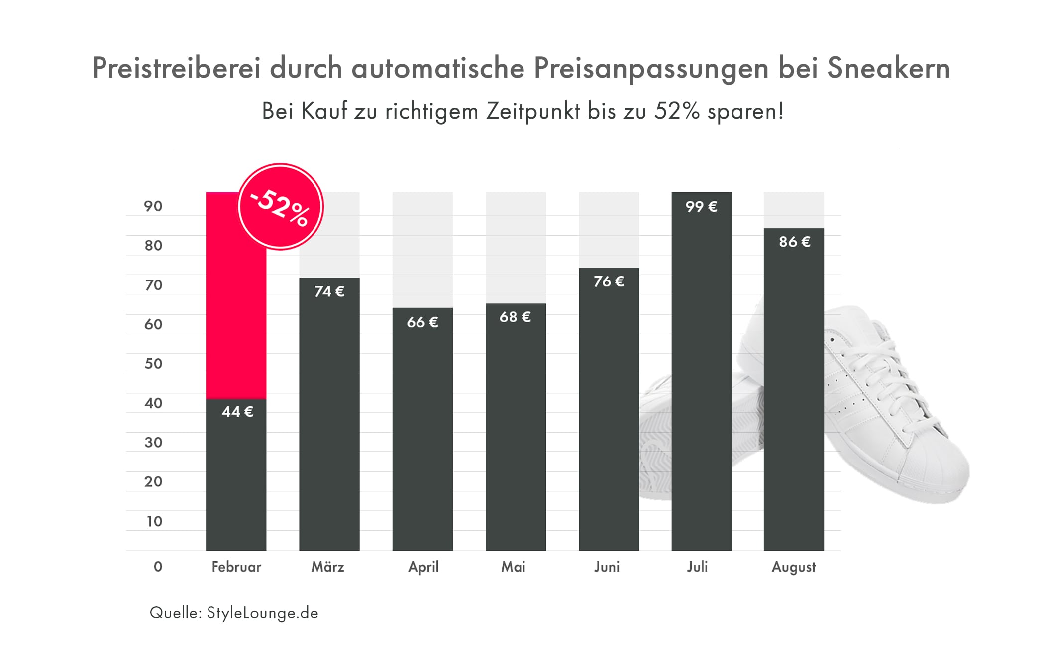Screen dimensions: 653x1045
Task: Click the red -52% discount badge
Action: (x=281, y=206)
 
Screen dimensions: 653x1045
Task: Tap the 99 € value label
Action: (x=701, y=207)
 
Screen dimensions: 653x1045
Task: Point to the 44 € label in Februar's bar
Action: (x=237, y=412)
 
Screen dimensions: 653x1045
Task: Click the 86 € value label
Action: (x=794, y=242)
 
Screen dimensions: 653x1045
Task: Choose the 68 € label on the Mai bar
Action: (x=515, y=317)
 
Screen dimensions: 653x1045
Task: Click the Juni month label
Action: (x=607, y=567)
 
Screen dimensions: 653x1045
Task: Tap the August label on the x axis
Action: (x=794, y=567)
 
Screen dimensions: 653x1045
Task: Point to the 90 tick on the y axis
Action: (x=153, y=206)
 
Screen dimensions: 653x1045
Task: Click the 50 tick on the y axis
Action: (x=153, y=364)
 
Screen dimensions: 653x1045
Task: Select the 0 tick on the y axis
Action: (x=158, y=567)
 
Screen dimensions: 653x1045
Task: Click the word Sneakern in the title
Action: (x=888, y=68)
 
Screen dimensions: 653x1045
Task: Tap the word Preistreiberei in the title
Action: (x=176, y=68)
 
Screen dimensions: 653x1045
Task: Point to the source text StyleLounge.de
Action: (x=262, y=613)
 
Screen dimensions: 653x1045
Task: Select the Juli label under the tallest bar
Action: (x=697, y=567)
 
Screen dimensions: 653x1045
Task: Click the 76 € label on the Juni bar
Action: (x=609, y=281)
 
